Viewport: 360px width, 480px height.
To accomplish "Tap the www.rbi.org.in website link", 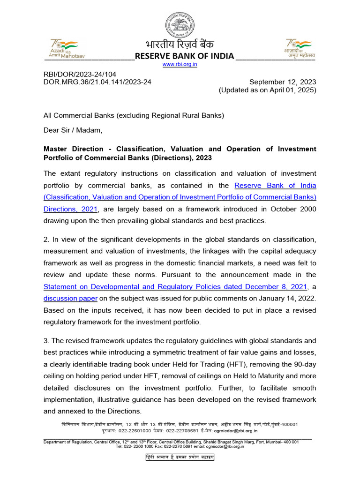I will (180, 65).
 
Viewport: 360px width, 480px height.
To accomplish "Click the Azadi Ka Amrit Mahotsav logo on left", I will (64, 47).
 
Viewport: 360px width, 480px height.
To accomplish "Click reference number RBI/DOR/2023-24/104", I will (80, 74).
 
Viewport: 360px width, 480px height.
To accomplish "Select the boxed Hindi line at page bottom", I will (180, 457).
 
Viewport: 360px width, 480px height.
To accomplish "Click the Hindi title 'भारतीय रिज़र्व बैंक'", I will (180, 45).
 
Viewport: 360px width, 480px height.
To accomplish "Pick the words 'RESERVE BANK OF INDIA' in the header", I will (184, 56).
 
